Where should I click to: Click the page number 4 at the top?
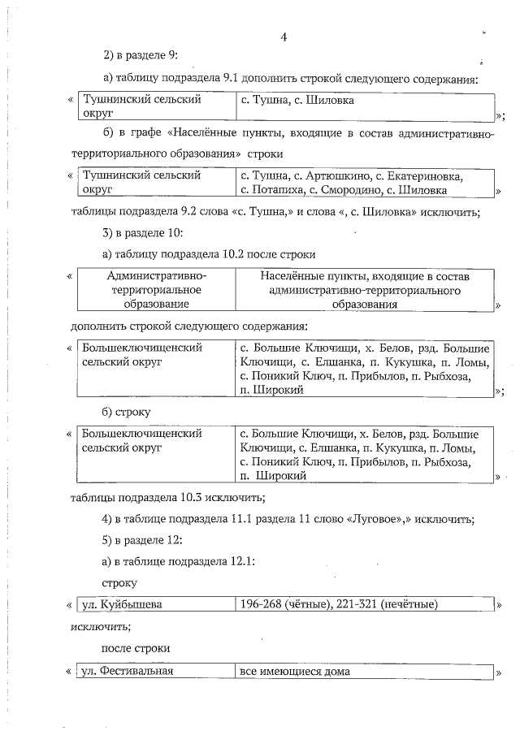pos(284,36)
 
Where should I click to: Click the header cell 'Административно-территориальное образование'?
pos(155,289)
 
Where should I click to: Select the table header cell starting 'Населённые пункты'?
pos(365,289)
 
